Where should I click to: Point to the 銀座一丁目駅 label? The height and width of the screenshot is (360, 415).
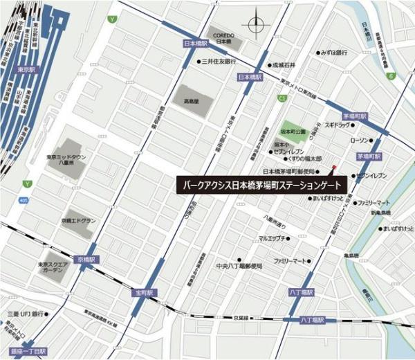coord(24,352)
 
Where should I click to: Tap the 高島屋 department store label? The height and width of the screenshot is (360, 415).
coord(192,101)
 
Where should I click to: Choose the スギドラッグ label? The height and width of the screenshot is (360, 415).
coord(340,126)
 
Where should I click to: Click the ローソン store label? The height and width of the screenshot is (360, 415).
coord(362,140)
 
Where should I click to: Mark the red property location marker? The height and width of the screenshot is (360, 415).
coord(335,168)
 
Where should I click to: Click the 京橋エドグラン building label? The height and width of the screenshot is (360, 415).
coord(77,220)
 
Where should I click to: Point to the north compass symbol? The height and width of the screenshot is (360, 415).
coord(257,22)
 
